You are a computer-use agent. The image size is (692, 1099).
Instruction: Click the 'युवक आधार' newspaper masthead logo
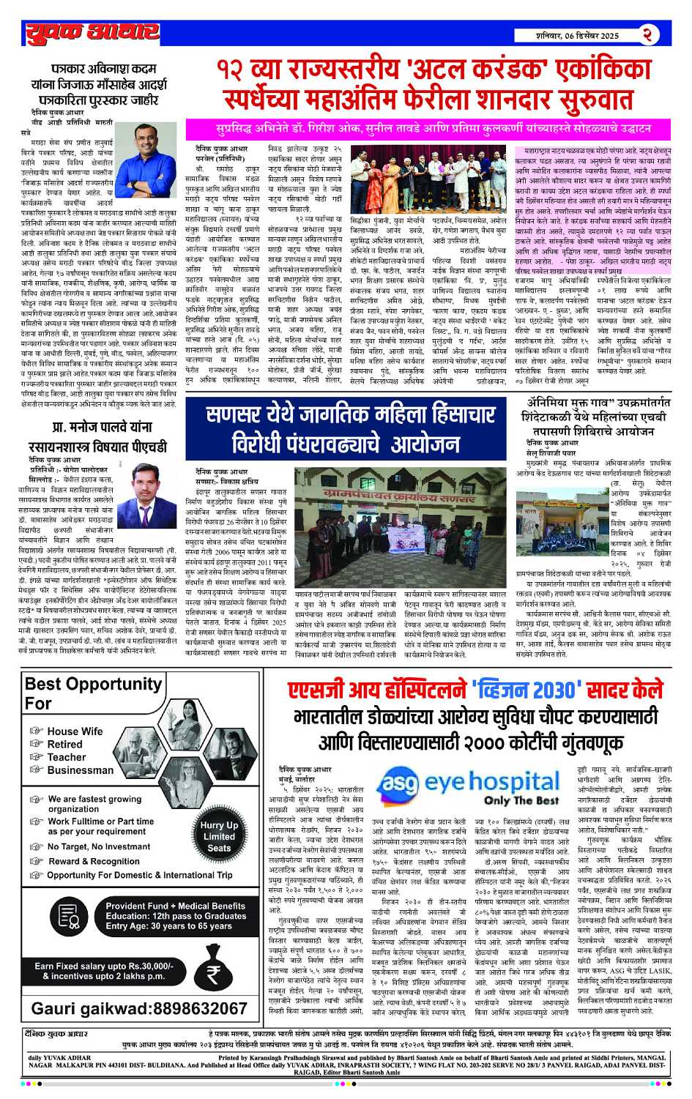(92, 32)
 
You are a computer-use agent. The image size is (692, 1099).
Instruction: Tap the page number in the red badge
(647, 34)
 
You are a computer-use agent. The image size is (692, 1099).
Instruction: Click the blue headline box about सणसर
(350, 428)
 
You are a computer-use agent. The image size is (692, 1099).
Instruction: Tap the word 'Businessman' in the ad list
(80, 770)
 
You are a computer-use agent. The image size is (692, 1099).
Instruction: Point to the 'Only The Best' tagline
(521, 800)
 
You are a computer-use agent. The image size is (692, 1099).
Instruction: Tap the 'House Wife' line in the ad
(75, 731)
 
